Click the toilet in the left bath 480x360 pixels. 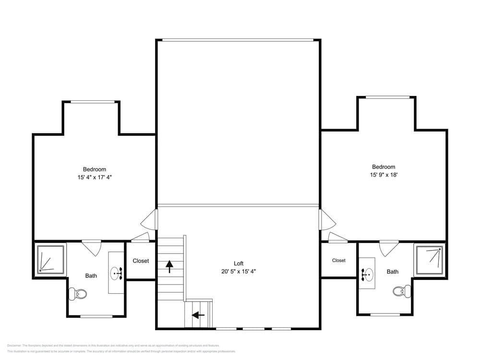[78, 293]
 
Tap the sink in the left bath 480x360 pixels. [117, 273]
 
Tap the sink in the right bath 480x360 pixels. [367, 275]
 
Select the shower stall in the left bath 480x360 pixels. [50, 259]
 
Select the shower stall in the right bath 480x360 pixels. [430, 260]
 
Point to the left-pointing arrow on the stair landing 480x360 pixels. [198, 315]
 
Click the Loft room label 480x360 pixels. [239, 264]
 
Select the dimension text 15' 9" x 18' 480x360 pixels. [380, 175]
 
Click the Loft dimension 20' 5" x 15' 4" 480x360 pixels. [239, 271]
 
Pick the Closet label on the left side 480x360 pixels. [141, 261]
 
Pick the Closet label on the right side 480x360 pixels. [339, 260]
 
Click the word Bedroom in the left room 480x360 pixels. [94, 169]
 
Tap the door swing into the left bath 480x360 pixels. [91, 248]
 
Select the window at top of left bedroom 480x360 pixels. [93, 102]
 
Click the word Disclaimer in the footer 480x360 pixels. [14, 346]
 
